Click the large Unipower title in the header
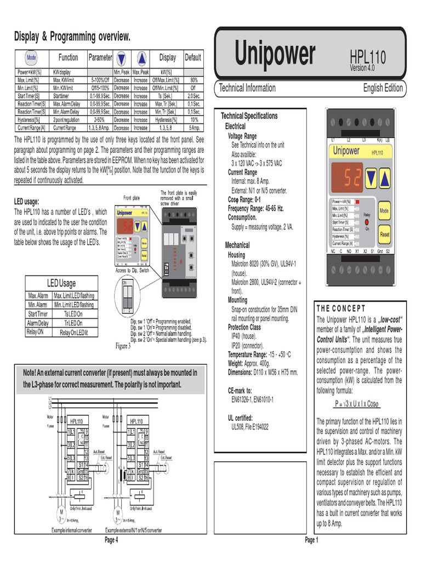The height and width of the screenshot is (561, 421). pos(275,54)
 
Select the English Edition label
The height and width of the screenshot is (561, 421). pos(383,88)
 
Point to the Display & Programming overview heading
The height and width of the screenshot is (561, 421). pos(72,37)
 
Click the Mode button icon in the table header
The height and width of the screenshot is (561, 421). pos(31,58)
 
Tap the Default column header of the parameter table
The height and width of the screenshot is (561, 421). pos(193,58)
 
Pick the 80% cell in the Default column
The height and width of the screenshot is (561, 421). pos(193,80)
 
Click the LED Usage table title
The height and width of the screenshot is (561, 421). pos(61,283)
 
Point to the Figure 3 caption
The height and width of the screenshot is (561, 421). pos(122,346)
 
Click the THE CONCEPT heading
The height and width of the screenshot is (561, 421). pos(340,309)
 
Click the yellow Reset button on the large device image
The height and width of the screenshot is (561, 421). pos(384,234)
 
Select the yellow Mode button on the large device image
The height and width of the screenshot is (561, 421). pos(384,210)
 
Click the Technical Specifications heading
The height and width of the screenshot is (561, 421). pos(249,116)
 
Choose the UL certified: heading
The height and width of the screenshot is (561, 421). pos(240,417)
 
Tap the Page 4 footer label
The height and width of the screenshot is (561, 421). pos(111,540)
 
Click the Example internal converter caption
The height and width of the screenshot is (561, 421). pos(72,531)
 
